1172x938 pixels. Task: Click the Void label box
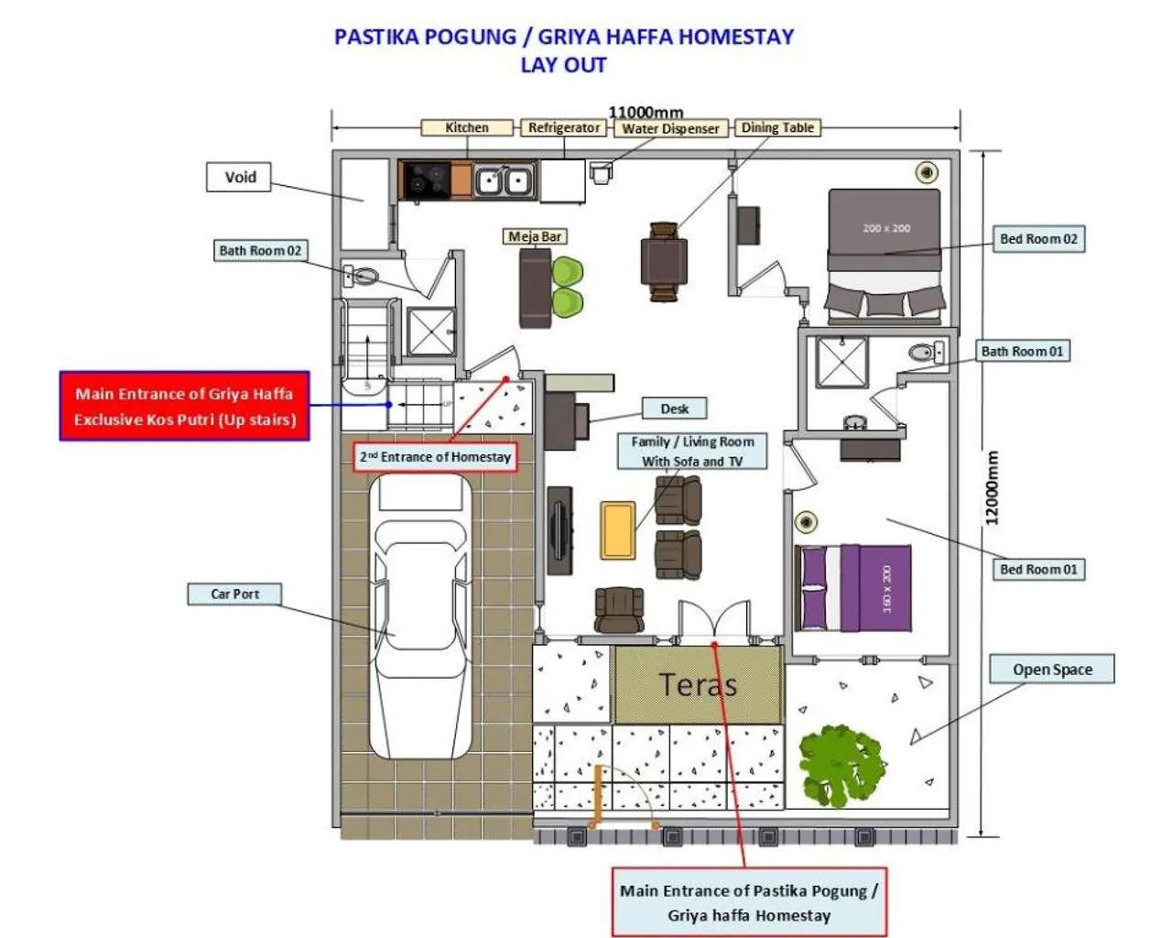[x=239, y=177]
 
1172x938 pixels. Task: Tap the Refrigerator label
[x=564, y=127]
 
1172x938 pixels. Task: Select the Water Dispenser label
[x=670, y=128]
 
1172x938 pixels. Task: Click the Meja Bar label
[x=535, y=236]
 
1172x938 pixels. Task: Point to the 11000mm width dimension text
[x=646, y=113]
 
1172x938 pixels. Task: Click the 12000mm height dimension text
[x=992, y=488]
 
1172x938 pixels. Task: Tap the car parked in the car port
[x=420, y=616]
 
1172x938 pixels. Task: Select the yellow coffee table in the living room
[x=617, y=530]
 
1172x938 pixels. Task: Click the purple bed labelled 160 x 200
[x=852, y=588]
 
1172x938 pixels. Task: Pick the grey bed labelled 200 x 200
[x=885, y=256]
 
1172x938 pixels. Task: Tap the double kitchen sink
[x=504, y=180]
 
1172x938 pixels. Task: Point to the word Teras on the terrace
[x=698, y=684]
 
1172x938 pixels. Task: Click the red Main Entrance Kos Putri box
[x=185, y=406]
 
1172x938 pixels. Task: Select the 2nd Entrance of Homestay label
[x=435, y=457]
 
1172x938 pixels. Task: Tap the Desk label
[x=674, y=409]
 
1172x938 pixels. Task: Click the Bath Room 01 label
[x=1022, y=352]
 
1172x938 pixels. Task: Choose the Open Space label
[x=1052, y=669]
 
